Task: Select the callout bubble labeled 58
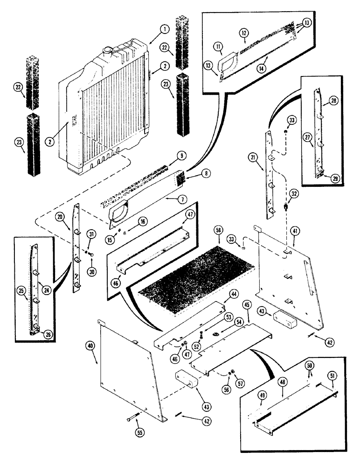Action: pyautogui.click(x=218, y=231)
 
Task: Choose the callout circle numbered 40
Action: pyautogui.click(x=91, y=345)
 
